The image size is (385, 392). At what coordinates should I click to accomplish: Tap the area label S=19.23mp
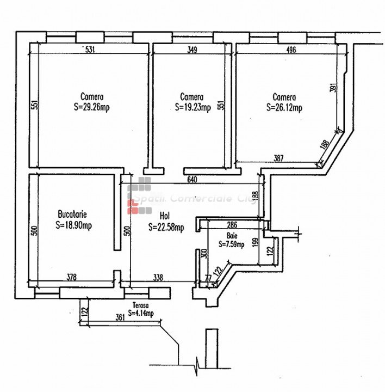(x=192, y=108)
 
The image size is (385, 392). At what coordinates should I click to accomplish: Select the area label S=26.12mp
(x=284, y=108)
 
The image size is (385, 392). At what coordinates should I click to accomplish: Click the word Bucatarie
(x=73, y=215)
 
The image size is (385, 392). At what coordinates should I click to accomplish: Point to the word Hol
(x=164, y=217)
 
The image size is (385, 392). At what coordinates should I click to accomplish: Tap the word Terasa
(x=140, y=306)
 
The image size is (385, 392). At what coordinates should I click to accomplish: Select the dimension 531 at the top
(x=90, y=50)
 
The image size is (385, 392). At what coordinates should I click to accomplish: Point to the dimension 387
(x=278, y=158)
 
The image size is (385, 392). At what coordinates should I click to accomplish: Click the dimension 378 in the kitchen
(x=71, y=277)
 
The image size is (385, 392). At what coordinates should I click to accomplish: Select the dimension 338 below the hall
(x=158, y=277)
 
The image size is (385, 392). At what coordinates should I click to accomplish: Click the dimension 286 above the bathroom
(x=232, y=224)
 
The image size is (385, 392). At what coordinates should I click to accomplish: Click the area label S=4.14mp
(x=141, y=313)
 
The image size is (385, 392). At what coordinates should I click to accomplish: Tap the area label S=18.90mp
(x=74, y=225)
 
